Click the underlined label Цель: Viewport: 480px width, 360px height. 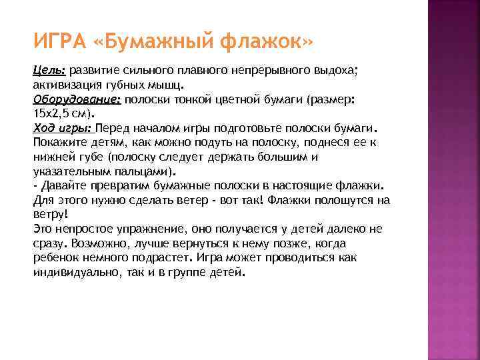[x=49, y=69]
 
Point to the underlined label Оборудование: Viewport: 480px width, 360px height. [x=77, y=98]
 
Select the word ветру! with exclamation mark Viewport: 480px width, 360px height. [x=50, y=213]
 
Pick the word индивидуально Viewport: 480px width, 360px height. [x=77, y=271]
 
